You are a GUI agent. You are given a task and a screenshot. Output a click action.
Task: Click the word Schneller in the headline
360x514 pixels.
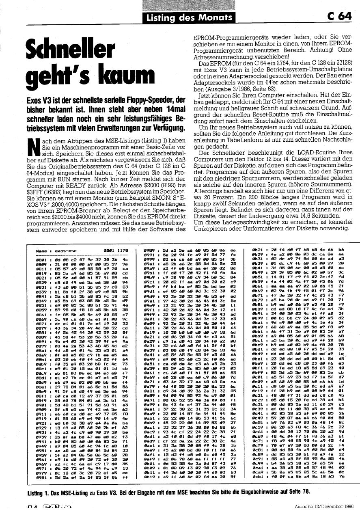pos(69,51)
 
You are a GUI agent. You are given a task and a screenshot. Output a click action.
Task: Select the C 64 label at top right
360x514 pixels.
pos(338,16)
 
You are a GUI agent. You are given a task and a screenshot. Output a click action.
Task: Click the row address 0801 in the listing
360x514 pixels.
pos(40,259)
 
